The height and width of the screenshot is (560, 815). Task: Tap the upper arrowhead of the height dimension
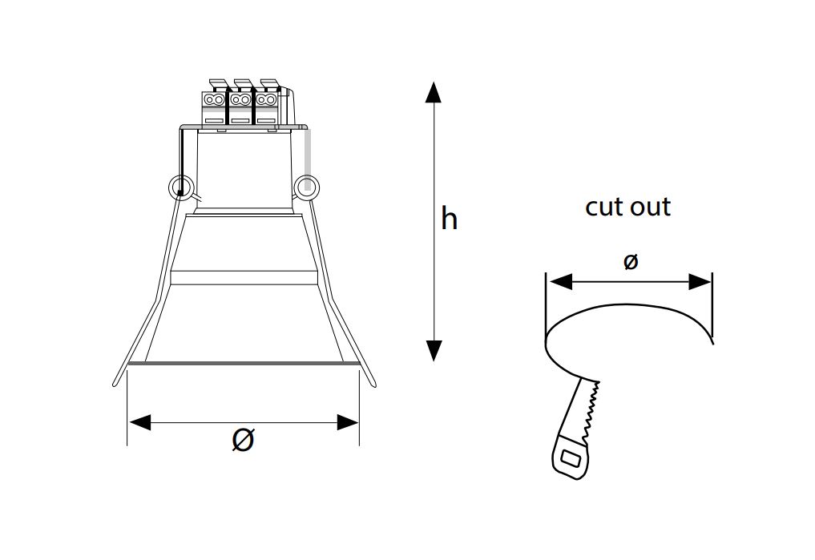click(433, 92)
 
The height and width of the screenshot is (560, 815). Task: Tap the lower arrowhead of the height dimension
click(434, 351)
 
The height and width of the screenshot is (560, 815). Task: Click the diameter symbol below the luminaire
click(243, 440)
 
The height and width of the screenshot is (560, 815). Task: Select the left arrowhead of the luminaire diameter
click(139, 422)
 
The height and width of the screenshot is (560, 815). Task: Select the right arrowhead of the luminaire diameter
click(348, 422)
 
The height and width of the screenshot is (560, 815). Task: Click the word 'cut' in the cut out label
click(604, 207)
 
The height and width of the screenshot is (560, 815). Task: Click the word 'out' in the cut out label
click(650, 207)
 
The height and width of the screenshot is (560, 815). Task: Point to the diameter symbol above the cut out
click(630, 261)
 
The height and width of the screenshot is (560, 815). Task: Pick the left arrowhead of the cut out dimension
click(561, 282)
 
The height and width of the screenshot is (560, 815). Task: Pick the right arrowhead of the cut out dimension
click(699, 282)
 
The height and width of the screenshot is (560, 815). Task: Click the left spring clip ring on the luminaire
click(181, 187)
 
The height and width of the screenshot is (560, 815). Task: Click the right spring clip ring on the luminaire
click(306, 187)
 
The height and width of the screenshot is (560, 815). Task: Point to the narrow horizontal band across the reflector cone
click(244, 277)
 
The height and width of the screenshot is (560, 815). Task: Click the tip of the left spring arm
click(115, 385)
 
